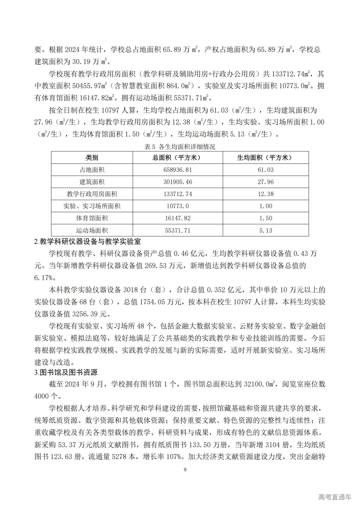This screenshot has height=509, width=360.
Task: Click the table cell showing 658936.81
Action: click(x=178, y=170)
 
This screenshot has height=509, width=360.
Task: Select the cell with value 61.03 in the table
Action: click(x=265, y=170)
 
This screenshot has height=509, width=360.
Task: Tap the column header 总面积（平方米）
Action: click(x=178, y=157)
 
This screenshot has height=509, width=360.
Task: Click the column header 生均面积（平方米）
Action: click(x=265, y=157)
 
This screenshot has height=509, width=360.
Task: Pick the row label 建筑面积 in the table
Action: click(x=92, y=182)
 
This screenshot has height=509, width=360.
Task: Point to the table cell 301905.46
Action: click(x=178, y=182)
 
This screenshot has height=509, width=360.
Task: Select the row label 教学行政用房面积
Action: click(x=92, y=194)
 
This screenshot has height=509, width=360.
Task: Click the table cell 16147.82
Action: click(x=178, y=218)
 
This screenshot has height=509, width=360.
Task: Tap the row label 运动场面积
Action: click(x=92, y=230)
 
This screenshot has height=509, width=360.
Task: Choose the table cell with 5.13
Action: click(x=265, y=230)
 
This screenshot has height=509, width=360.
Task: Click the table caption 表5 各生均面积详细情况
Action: click(x=180, y=147)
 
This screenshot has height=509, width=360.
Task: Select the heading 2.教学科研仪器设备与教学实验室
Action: click(x=87, y=242)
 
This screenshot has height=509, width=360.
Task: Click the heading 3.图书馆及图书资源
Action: click(x=66, y=372)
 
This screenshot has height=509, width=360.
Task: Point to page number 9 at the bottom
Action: click(x=185, y=469)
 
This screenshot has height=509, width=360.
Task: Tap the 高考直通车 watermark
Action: click(x=335, y=497)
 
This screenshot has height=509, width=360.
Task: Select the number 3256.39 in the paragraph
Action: click(x=86, y=314)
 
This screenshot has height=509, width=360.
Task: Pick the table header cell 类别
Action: click(x=92, y=157)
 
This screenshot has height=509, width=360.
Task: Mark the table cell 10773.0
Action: click(x=178, y=206)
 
